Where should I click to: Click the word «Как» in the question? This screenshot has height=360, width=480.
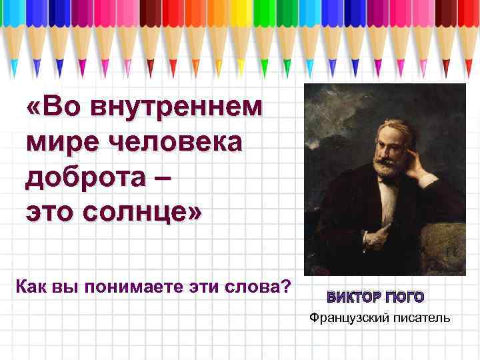click(29, 288)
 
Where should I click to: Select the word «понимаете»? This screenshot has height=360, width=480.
click(133, 288)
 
